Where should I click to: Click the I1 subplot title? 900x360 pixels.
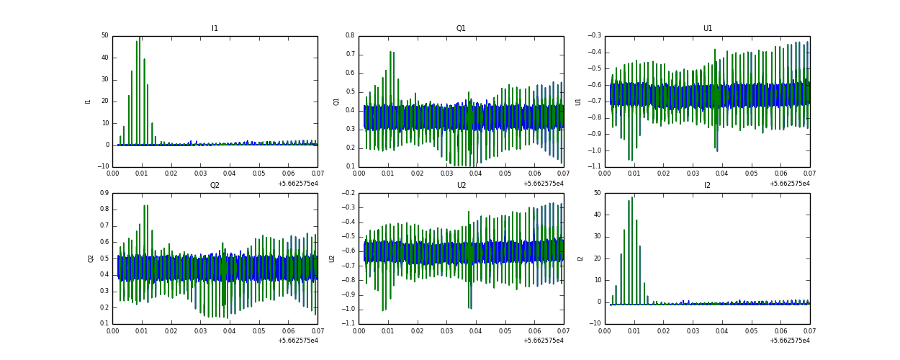point(215,29)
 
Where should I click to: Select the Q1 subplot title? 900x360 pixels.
point(461,29)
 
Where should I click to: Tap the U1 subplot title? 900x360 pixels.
point(707,29)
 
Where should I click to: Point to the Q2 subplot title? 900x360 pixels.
point(215,186)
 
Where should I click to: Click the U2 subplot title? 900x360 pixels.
point(461,186)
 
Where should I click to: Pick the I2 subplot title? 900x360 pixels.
point(707,186)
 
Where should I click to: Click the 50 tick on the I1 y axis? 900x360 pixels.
point(104,35)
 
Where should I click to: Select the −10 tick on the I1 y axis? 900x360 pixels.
point(103,167)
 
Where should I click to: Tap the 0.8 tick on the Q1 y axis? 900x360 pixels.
point(349,35)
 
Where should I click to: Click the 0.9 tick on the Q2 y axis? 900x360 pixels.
point(103,193)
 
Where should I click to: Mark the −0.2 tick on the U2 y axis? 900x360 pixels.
point(348,193)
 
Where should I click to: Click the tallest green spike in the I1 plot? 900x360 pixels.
point(140,37)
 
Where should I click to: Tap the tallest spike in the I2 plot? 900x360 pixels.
point(632,198)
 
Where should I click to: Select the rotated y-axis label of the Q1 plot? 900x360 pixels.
point(336,102)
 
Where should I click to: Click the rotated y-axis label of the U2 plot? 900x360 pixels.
point(332,258)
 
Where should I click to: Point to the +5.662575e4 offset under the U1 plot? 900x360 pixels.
point(789,184)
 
